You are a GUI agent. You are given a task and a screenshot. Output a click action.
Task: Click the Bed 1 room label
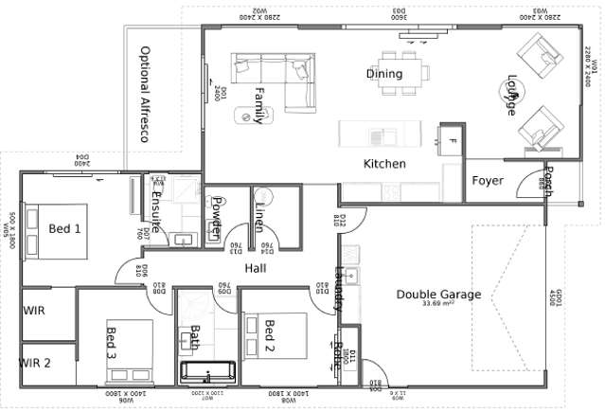pos(65,228)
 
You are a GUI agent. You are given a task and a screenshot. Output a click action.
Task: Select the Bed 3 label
pos(112,343)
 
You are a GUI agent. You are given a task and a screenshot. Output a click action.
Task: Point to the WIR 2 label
pos(36,361)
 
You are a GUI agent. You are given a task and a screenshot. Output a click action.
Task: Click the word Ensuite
pos(157,213)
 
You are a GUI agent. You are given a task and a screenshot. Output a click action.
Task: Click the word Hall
pos(255,269)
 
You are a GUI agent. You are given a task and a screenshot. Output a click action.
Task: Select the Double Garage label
pos(438,295)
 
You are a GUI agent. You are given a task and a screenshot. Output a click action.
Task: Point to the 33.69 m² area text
pos(438,304)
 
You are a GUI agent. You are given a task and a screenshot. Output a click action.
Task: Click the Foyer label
pos(488,181)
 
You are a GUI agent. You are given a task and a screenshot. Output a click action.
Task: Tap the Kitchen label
pos(384,164)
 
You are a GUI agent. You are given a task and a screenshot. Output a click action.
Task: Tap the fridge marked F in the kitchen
pos(453,142)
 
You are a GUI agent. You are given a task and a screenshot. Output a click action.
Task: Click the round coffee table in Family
pos(251,115)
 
